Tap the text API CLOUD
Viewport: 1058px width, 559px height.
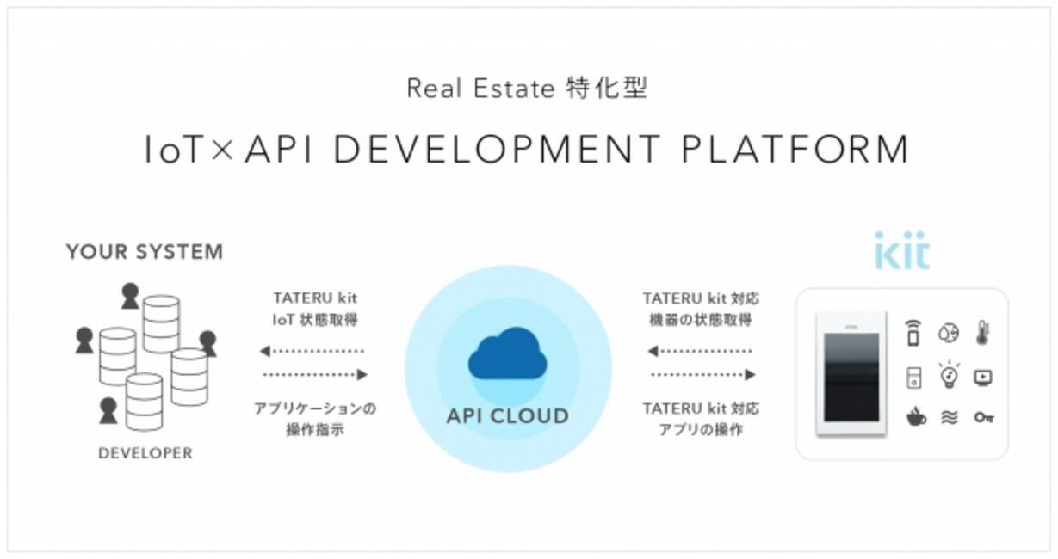(x=508, y=416)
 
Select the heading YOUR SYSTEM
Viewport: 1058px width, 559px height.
(x=145, y=252)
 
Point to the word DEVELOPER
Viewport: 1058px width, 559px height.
(x=145, y=453)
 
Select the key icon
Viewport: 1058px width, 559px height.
(x=983, y=418)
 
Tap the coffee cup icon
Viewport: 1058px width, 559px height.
(x=915, y=418)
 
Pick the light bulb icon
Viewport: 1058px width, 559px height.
(x=949, y=374)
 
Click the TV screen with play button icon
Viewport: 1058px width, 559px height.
(x=983, y=377)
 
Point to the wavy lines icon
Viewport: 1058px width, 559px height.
(x=949, y=418)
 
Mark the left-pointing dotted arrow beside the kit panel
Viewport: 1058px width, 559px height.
(x=702, y=351)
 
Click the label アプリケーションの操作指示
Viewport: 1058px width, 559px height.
(x=315, y=419)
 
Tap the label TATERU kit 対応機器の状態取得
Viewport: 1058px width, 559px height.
(x=701, y=310)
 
